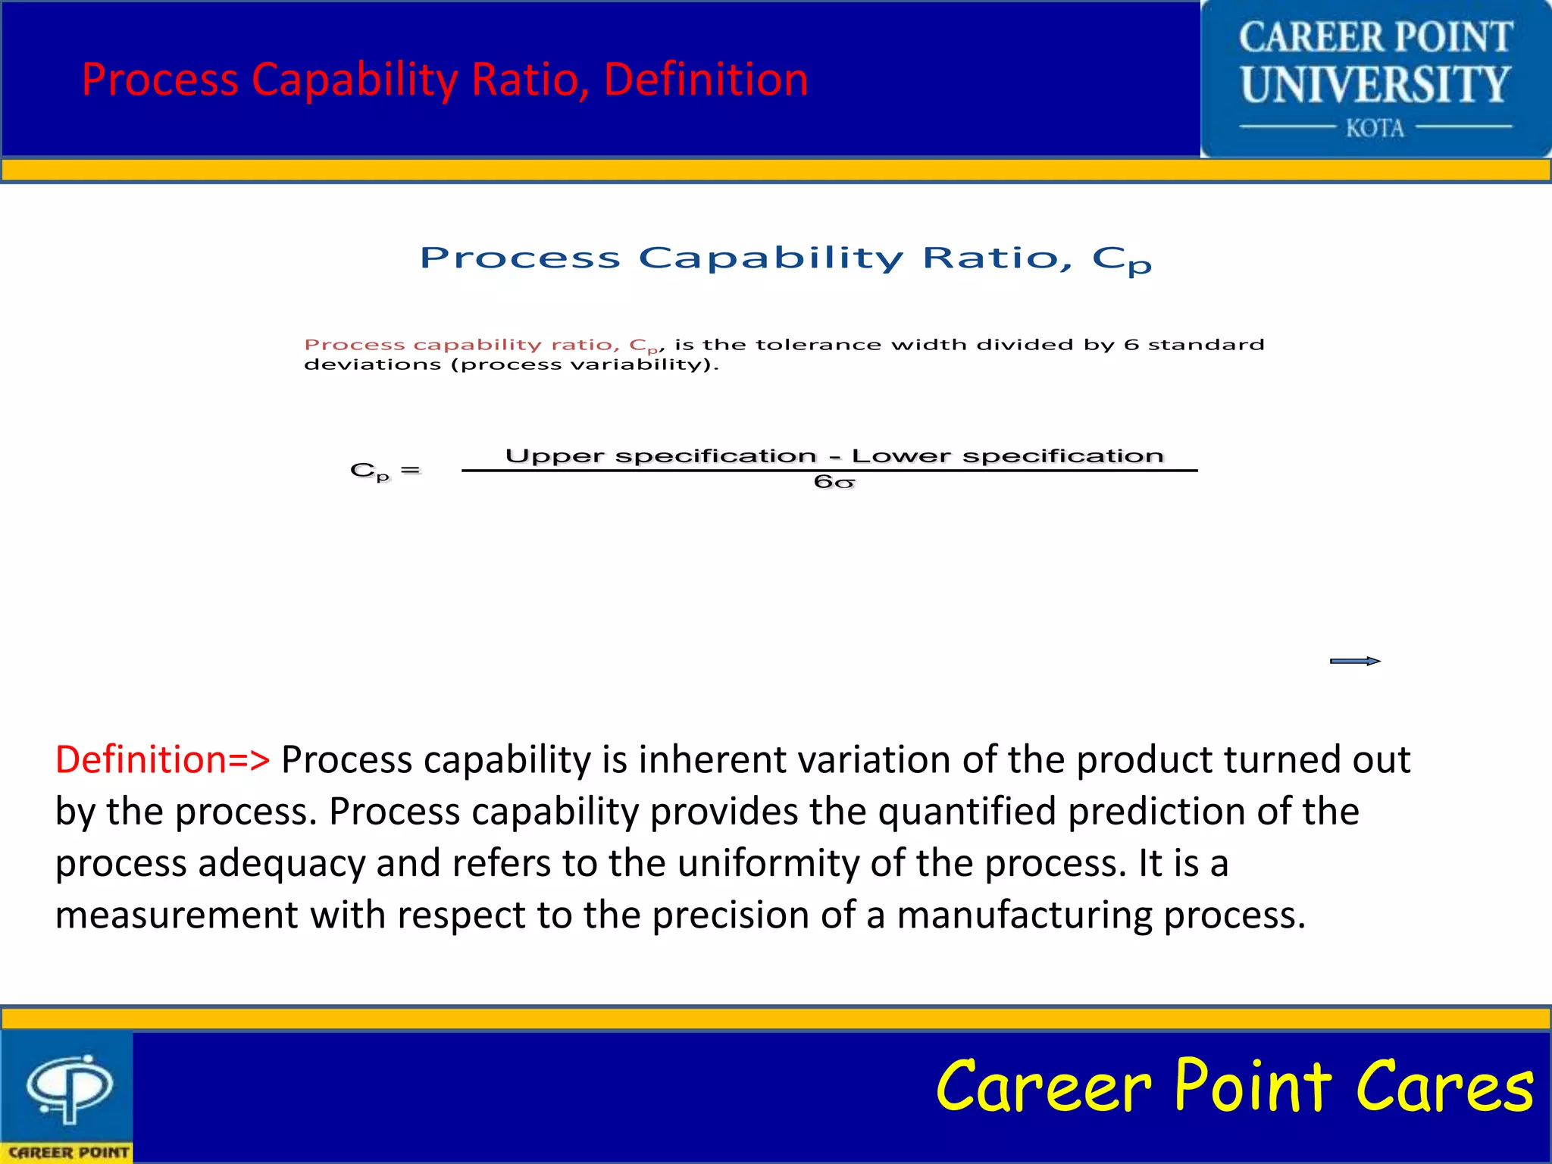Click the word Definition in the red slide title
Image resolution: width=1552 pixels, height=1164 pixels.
point(706,80)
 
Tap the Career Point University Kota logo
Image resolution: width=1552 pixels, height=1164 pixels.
point(1375,79)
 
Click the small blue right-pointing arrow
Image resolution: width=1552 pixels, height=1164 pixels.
point(1355,661)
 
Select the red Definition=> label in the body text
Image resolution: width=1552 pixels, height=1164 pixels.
point(162,759)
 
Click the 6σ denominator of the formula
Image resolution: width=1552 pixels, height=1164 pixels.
point(834,483)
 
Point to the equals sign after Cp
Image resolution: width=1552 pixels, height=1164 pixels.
point(410,471)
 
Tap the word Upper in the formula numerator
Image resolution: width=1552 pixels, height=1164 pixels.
point(554,456)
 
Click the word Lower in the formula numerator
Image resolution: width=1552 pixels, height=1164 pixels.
point(900,456)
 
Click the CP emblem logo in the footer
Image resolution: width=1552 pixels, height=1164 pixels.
point(70,1088)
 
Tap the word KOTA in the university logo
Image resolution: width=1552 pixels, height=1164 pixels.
point(1375,128)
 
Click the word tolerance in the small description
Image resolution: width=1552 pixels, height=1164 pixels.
point(818,345)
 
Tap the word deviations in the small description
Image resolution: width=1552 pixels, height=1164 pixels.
point(372,365)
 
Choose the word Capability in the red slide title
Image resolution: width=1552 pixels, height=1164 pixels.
point(355,80)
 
